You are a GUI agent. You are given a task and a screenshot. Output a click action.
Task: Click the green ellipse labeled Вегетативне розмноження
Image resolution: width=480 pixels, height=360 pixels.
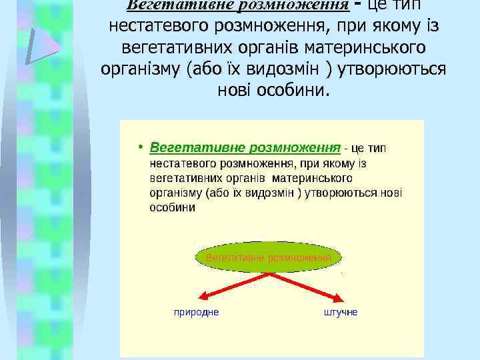pos(269,257)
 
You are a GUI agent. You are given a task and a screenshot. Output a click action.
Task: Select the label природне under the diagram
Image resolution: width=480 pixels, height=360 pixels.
pos(196,311)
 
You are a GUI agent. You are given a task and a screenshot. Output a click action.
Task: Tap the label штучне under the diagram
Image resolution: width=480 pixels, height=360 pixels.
pos(341,311)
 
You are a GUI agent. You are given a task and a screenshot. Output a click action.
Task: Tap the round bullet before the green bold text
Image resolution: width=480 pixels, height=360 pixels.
pos(141,146)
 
